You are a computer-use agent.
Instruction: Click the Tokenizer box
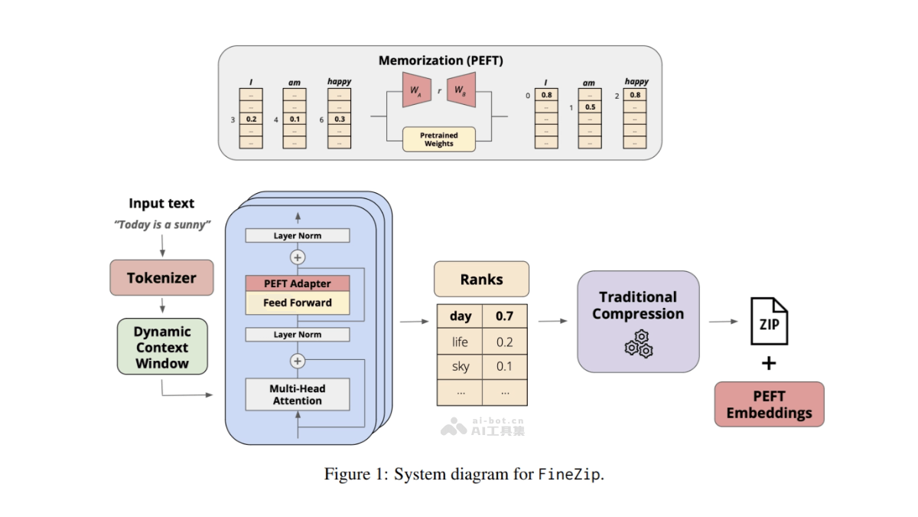tap(161, 278)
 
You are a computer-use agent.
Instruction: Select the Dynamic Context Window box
tap(162, 347)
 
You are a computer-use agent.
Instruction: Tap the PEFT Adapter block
tap(298, 283)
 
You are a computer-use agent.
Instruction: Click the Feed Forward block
tap(298, 303)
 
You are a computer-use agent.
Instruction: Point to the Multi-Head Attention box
tap(298, 394)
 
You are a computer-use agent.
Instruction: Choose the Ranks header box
tap(481, 280)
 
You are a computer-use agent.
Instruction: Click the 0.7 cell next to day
tap(504, 316)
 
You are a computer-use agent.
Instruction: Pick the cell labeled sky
tap(460, 366)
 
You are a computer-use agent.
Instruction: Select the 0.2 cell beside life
tap(504, 342)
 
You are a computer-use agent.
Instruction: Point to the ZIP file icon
tap(768, 322)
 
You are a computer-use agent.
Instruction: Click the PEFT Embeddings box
tap(769, 404)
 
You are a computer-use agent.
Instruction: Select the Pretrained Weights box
tap(438, 139)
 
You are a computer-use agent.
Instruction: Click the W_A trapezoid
tap(415, 90)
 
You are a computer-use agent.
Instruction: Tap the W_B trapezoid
tap(461, 90)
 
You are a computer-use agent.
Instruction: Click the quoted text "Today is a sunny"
tap(161, 224)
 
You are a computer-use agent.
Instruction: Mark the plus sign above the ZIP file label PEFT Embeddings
tap(768, 363)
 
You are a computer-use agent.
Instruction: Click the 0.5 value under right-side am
tap(590, 107)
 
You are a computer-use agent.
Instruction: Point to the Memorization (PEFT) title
tap(441, 60)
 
